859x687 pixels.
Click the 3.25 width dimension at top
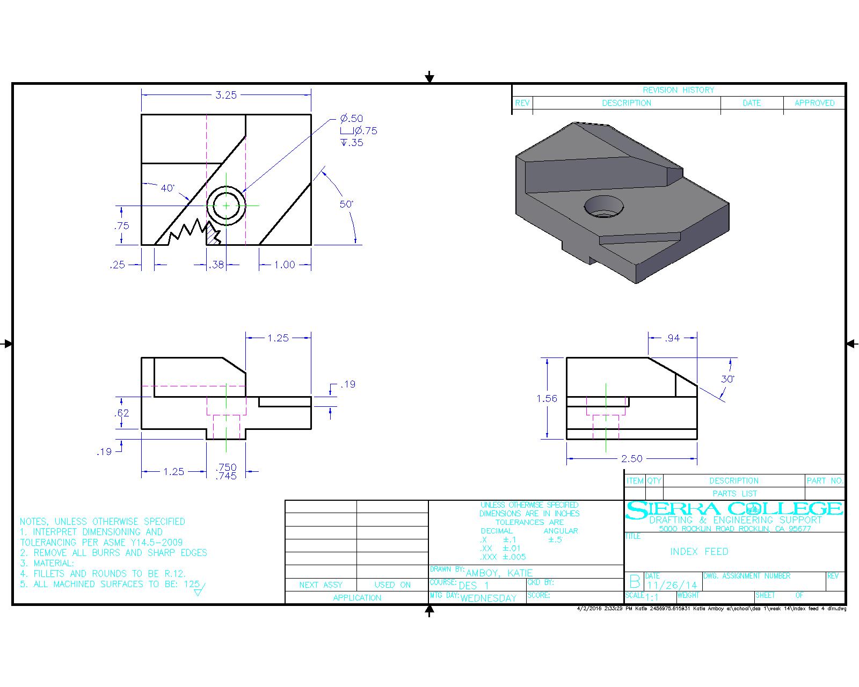(x=226, y=95)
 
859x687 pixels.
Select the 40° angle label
(x=168, y=188)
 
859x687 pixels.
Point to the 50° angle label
(x=346, y=204)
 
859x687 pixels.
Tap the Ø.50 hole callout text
(x=352, y=119)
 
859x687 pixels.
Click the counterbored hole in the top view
(x=226, y=205)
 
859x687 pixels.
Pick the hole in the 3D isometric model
(x=604, y=207)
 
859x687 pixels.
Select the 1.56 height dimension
(x=547, y=398)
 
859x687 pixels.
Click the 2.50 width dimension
(x=631, y=458)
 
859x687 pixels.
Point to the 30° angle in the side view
(x=727, y=379)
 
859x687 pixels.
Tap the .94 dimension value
(x=672, y=338)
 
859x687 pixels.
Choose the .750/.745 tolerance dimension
(x=226, y=471)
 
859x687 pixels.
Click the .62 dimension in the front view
(x=121, y=413)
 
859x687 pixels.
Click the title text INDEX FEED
(x=699, y=552)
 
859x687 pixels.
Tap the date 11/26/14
(x=672, y=585)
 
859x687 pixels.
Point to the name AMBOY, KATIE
(x=499, y=573)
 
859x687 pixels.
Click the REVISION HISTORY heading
(x=679, y=90)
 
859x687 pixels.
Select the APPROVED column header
(x=814, y=103)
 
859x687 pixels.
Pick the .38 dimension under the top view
(x=217, y=265)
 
